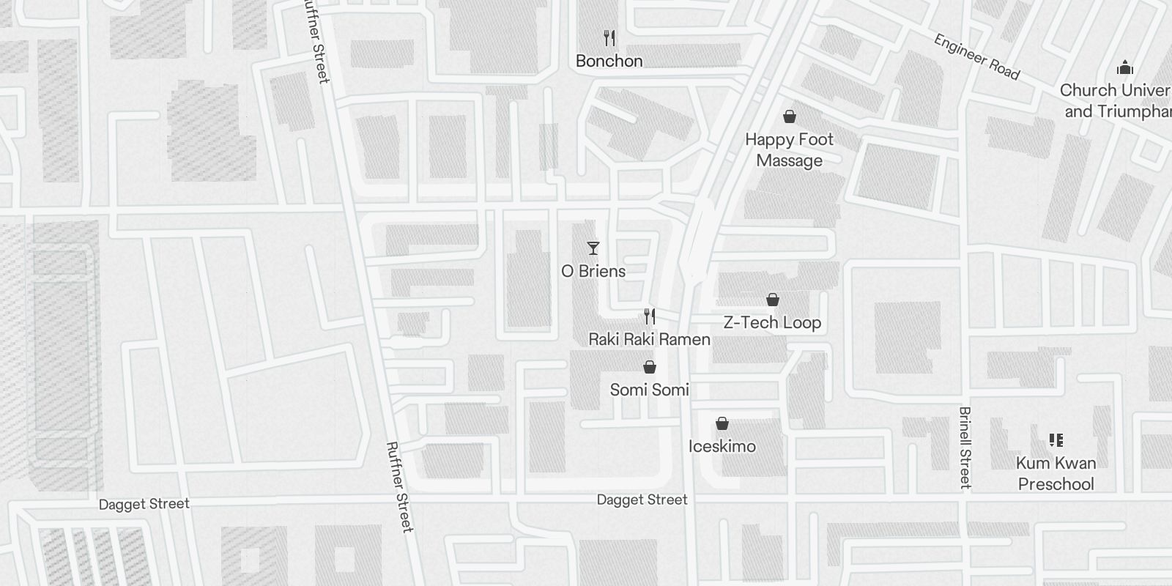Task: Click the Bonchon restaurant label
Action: click(x=609, y=61)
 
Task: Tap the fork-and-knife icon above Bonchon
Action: click(x=609, y=38)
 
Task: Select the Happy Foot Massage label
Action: click(x=789, y=149)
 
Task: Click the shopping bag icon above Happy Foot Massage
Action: click(x=790, y=116)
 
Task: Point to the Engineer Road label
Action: click(x=976, y=56)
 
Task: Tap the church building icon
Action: click(x=1125, y=68)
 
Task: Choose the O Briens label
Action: click(x=593, y=271)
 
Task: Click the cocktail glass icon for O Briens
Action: click(x=593, y=248)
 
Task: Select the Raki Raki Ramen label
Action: click(x=649, y=339)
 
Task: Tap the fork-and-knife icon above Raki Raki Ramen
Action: click(x=649, y=316)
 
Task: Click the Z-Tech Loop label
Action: click(x=772, y=322)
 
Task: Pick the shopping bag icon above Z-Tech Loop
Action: click(x=772, y=300)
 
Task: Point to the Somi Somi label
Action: click(x=649, y=390)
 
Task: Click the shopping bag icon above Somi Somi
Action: click(x=649, y=367)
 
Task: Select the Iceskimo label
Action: click(x=722, y=446)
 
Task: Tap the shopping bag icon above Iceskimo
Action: click(x=722, y=423)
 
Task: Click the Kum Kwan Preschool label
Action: click(x=1056, y=473)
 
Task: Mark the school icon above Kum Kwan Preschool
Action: click(x=1056, y=440)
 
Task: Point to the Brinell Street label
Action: click(x=965, y=448)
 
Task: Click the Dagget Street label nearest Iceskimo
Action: click(x=642, y=500)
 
